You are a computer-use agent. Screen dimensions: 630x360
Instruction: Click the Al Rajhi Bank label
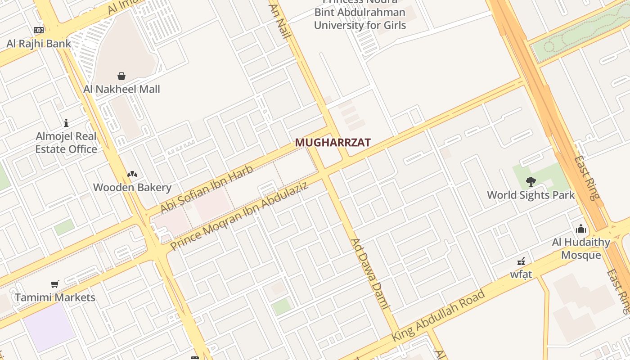(39, 44)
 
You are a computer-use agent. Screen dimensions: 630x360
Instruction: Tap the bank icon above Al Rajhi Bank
(39, 30)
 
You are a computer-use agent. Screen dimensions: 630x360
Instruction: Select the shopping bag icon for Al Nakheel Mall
(121, 76)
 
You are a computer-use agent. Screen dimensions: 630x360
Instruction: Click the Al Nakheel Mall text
(121, 89)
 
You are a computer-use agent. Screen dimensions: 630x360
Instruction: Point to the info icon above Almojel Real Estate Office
(66, 122)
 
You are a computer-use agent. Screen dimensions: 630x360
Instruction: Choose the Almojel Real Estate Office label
(66, 143)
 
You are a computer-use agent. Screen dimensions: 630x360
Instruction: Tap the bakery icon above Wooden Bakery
(132, 174)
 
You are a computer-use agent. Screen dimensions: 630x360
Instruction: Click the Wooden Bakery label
(132, 187)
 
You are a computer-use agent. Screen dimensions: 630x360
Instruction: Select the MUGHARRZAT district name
(333, 143)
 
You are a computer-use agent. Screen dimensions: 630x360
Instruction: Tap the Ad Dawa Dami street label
(369, 274)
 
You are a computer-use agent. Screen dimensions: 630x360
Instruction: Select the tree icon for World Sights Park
(531, 182)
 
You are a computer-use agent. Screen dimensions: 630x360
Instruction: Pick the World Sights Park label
(531, 195)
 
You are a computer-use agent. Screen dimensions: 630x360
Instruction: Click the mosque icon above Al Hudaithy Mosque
(581, 229)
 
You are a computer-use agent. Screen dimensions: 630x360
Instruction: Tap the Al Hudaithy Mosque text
(581, 248)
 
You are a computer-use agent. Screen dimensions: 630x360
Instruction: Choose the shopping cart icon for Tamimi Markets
(55, 284)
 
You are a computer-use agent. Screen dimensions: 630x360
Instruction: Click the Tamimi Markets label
(55, 297)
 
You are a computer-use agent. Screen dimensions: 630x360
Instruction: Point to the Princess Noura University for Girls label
(360, 18)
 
